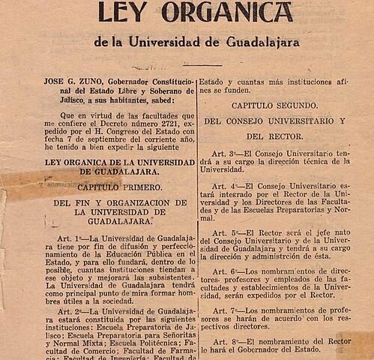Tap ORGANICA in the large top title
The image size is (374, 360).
(x=226, y=13)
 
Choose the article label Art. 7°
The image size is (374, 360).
(x=225, y=310)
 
